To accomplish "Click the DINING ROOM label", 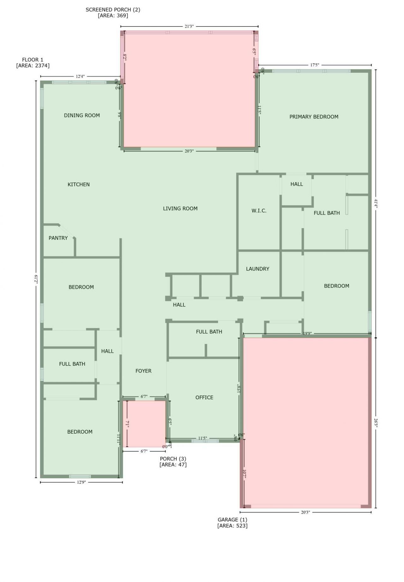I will (x=82, y=116).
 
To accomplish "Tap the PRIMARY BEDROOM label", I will (x=314, y=117).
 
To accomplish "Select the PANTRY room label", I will (x=58, y=238).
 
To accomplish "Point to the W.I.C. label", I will (x=259, y=211).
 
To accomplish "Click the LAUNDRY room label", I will (x=258, y=269).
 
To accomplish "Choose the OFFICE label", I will (x=204, y=397).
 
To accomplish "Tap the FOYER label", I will (x=143, y=371).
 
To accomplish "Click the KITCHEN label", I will (x=79, y=184).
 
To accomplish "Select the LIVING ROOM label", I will (x=180, y=208).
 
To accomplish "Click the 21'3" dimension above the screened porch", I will (x=189, y=27).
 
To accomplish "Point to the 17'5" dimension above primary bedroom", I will (x=314, y=65).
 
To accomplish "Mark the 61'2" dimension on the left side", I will (x=36, y=279).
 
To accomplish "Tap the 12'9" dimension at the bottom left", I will (x=81, y=482).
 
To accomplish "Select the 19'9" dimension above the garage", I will (x=307, y=333).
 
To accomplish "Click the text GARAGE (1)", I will (x=232, y=520).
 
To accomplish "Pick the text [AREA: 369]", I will (x=113, y=15).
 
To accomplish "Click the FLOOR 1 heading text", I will (x=33, y=60).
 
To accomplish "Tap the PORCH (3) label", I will (x=173, y=459).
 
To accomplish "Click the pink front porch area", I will (x=146, y=424).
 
